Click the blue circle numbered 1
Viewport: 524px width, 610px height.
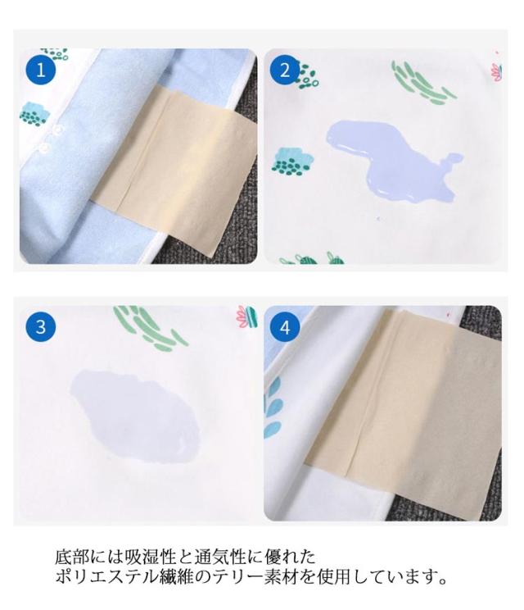pyautogui.click(x=41, y=70)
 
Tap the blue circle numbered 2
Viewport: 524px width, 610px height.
pyautogui.click(x=285, y=70)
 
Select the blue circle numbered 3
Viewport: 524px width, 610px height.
pyautogui.click(x=41, y=326)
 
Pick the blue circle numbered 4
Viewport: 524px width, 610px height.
pyautogui.click(x=285, y=326)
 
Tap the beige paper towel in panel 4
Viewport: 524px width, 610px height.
pyautogui.click(x=404, y=412)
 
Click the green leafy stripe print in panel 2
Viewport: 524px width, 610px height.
pyautogui.click(x=422, y=83)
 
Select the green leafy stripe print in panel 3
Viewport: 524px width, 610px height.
pyautogui.click(x=150, y=327)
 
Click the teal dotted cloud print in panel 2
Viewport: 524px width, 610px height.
pyautogui.click(x=292, y=161)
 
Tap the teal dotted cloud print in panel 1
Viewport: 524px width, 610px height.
pyautogui.click(x=34, y=114)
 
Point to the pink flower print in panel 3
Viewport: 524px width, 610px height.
pyautogui.click(x=246, y=316)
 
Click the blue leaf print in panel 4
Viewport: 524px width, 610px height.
pyautogui.click(x=273, y=407)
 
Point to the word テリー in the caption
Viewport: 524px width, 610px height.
pyautogui.click(x=237, y=576)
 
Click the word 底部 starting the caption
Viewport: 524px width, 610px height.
pyautogui.click(x=73, y=557)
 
